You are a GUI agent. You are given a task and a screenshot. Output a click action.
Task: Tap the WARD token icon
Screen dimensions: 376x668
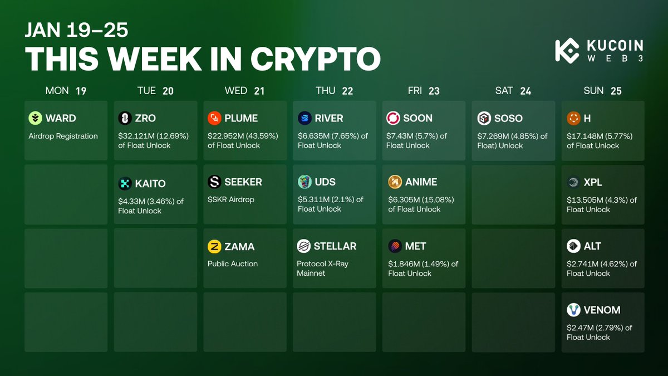click(36, 118)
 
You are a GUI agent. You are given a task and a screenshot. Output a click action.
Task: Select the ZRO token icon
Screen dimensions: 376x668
click(125, 118)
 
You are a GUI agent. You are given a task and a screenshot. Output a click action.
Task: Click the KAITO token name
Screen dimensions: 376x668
click(150, 183)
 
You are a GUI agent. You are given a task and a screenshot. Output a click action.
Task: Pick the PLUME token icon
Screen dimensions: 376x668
click(214, 118)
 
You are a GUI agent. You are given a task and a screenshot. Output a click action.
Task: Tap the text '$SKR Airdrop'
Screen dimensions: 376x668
click(231, 199)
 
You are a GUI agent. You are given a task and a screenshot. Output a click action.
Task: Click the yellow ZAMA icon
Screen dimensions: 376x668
click(214, 246)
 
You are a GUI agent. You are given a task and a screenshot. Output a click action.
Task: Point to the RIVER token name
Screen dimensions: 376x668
click(328, 118)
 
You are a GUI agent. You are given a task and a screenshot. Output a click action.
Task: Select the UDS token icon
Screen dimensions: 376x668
click(304, 182)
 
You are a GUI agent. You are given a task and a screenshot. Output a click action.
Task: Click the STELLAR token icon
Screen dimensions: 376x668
click(304, 246)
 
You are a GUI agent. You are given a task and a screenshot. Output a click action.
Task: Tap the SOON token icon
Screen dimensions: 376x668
click(394, 118)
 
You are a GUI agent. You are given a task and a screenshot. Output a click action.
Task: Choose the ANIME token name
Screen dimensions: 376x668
click(421, 182)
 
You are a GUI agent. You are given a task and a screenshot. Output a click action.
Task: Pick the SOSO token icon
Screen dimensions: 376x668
click(484, 118)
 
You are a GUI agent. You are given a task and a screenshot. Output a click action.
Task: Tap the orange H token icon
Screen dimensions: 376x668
click(573, 118)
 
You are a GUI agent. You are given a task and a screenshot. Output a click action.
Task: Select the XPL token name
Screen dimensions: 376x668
click(593, 182)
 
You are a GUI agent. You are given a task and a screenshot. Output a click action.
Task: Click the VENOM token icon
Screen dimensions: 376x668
click(573, 310)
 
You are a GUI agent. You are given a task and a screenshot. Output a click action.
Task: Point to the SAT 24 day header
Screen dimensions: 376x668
click(513, 91)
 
